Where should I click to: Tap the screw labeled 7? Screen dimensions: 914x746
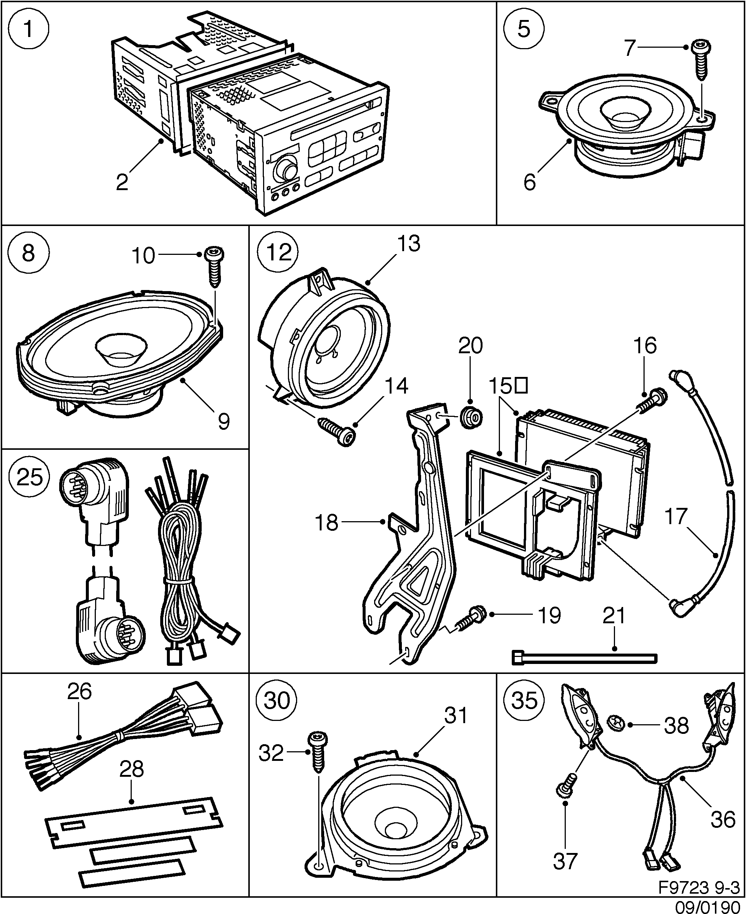pos(700,65)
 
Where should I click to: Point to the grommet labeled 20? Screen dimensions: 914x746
pos(471,417)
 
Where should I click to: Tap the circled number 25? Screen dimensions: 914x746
pos(29,478)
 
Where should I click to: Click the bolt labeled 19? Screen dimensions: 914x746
pos(472,618)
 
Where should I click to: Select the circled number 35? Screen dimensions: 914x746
pos(524,701)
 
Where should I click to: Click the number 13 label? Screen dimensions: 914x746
pos(408,243)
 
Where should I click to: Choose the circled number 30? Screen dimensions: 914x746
pos(277,701)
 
